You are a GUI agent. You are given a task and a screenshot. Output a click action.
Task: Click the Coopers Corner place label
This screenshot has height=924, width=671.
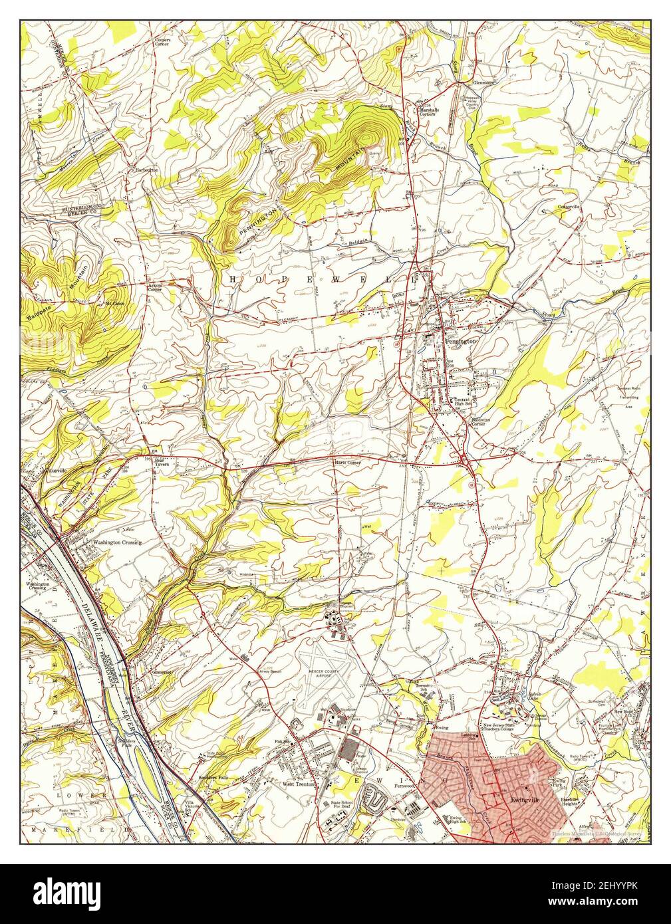point(162,42)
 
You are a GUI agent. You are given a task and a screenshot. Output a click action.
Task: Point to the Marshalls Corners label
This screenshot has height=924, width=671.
point(427,111)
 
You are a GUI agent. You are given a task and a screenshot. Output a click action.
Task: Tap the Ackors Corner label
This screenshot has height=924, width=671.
point(155,288)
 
